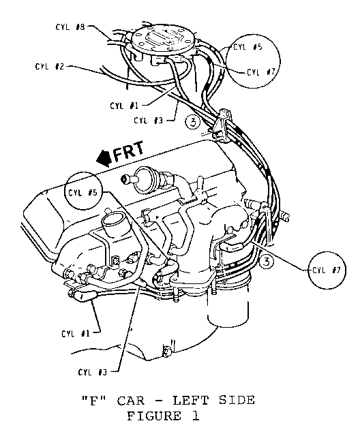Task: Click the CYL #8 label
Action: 70,27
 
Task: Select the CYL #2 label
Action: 50,67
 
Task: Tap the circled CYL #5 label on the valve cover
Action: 83,192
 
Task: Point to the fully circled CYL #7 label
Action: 327,270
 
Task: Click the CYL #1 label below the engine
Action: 76,333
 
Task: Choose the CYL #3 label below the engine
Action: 92,372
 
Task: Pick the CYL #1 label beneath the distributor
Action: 124,106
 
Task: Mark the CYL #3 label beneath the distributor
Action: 148,121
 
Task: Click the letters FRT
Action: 129,152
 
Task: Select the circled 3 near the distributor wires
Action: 192,122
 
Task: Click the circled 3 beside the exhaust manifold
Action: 267,262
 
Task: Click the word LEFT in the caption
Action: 190,401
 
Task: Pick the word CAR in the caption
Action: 131,401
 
